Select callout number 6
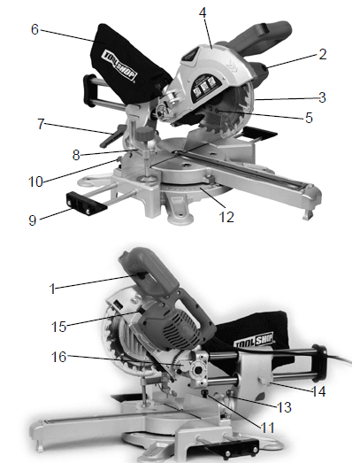tap(34, 29)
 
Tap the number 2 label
tap(323, 53)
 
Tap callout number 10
tap(36, 182)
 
